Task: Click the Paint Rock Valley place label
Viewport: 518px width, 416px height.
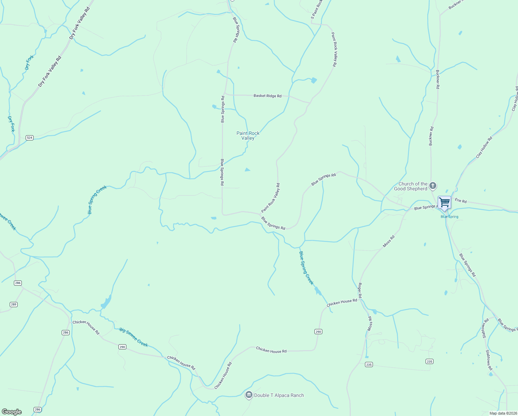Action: tap(248, 136)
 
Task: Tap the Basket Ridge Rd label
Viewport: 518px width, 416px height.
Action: tap(267, 96)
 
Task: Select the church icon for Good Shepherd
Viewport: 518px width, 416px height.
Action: tap(433, 186)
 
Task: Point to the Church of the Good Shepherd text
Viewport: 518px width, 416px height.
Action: tap(411, 186)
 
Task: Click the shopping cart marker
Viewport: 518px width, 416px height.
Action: tap(444, 202)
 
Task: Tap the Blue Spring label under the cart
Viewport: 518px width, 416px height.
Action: tap(449, 217)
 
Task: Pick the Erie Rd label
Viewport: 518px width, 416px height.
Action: tap(461, 201)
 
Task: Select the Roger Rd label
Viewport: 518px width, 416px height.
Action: tap(360, 291)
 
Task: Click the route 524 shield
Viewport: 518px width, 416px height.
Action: tap(29, 138)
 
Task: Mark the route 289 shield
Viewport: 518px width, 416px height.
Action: tap(14, 304)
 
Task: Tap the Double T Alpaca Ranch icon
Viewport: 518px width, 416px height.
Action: tap(249, 395)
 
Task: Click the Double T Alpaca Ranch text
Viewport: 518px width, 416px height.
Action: tap(279, 395)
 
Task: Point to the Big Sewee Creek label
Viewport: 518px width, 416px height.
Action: tap(134, 337)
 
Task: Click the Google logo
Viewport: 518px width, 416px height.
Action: tap(11, 412)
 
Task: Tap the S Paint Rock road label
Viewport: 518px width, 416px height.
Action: tap(316, 9)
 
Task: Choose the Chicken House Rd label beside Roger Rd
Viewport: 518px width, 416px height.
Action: tap(342, 302)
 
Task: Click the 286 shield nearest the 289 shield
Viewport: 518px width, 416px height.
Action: tap(18, 283)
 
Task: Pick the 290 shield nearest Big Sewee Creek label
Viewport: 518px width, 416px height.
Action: tap(122, 347)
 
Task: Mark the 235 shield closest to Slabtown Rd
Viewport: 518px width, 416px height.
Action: tap(429, 361)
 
